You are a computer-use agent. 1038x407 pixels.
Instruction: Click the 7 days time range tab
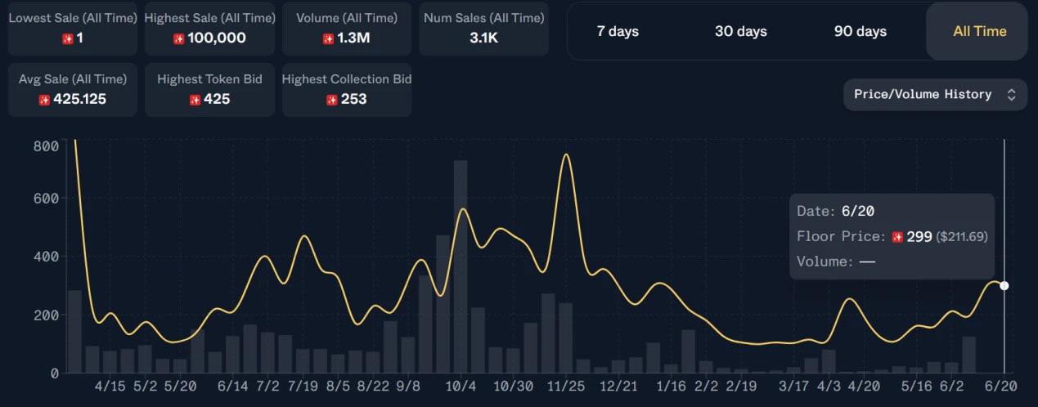[x=618, y=31]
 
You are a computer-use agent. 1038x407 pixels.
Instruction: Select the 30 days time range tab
[x=740, y=31]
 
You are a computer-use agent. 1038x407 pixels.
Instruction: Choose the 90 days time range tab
[x=860, y=31]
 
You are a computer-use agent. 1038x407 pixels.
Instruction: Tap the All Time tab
[x=979, y=31]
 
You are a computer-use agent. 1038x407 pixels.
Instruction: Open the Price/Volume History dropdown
[x=935, y=94]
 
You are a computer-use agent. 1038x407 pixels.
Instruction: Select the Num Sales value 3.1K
[x=483, y=38]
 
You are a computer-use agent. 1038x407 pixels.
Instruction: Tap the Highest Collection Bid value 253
[x=353, y=99]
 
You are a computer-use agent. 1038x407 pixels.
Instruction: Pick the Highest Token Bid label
[x=209, y=79]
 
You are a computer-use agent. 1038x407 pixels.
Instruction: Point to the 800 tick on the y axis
[x=47, y=145]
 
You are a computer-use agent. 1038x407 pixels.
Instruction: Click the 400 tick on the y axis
[x=47, y=257]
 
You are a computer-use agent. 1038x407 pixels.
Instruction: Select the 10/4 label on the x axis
[x=461, y=385]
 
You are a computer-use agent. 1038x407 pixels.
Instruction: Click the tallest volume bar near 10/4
[x=461, y=266]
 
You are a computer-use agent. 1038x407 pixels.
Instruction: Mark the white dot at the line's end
[x=1004, y=285]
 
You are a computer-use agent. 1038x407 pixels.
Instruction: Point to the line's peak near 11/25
[x=566, y=154]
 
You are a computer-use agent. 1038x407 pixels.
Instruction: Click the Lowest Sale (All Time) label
[x=73, y=18]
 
